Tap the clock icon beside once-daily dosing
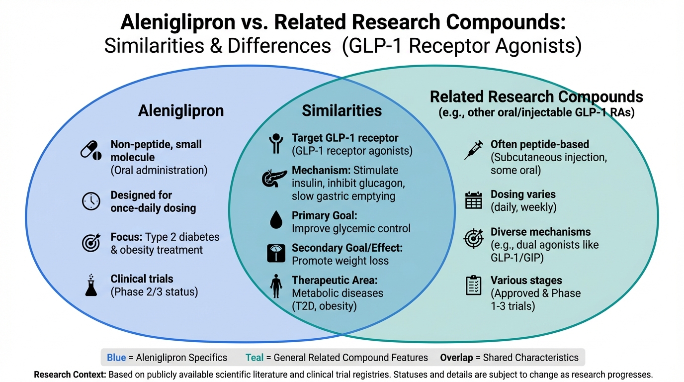pos(91,201)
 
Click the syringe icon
pos(473,150)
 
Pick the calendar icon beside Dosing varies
pos(473,200)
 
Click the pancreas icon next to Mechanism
pos(274,178)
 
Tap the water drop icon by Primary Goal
pos(275,220)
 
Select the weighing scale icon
pos(275,253)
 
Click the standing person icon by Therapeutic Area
pos(275,286)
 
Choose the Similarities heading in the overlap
pos(342,110)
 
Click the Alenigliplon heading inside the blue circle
pos(181,110)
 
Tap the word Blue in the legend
pos(116,358)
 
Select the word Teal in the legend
pos(255,358)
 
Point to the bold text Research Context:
pos(70,375)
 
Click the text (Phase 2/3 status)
pos(154,292)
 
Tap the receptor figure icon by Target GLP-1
pos(275,144)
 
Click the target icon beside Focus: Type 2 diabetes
pos(91,243)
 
